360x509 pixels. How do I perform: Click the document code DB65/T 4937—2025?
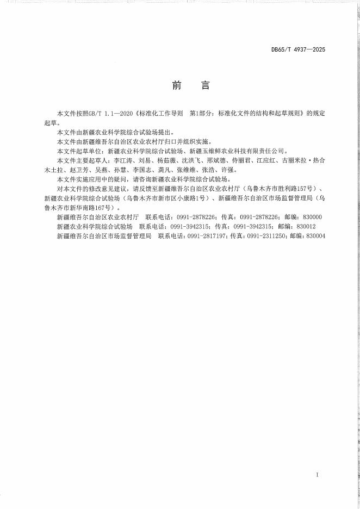(298, 49)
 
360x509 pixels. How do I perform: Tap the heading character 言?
(205, 86)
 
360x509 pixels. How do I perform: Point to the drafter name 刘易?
(144, 161)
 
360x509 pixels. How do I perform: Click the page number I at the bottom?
(317, 475)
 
